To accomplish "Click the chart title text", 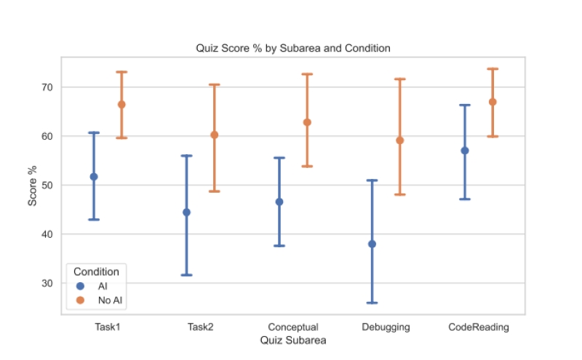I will point(293,48).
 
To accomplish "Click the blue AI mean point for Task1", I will point(94,177).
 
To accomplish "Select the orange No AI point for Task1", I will point(121,104).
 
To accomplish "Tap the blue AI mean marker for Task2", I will point(186,212).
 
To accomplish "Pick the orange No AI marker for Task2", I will point(214,135).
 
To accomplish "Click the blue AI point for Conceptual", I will point(279,201).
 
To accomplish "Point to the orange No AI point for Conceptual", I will point(307,122).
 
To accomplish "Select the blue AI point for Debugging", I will point(372,244).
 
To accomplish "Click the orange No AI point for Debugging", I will point(399,140).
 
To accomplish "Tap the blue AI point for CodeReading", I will point(465,151).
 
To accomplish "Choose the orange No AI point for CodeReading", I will point(493,102).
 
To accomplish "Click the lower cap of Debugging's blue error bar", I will point(372,303).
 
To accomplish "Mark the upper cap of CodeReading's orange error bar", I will point(493,68).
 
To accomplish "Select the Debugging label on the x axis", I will point(386,327).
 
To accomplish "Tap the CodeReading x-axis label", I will point(478,327).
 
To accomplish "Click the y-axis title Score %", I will point(32,185).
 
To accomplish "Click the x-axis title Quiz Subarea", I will point(293,340).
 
